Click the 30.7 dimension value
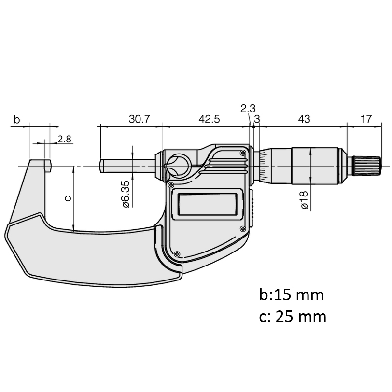pos(139,119)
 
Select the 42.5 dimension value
pos(209,119)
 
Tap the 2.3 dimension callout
pos(248,109)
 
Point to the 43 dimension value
pos(304,119)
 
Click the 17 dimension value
pos(366,119)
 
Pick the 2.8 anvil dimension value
pos(65,139)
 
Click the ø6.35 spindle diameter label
pos(126,194)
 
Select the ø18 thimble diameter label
pos(304,200)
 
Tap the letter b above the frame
pos(16,120)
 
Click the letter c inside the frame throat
pos(68,198)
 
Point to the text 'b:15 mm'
pos(292,294)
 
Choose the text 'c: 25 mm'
pos(293,317)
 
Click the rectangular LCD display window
pos(207,204)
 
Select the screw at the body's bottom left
pos(177,254)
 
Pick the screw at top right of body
pos(243,153)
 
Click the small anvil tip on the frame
pos(48,166)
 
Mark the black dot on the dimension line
pos(254,127)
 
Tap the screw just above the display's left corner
pos(171,185)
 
